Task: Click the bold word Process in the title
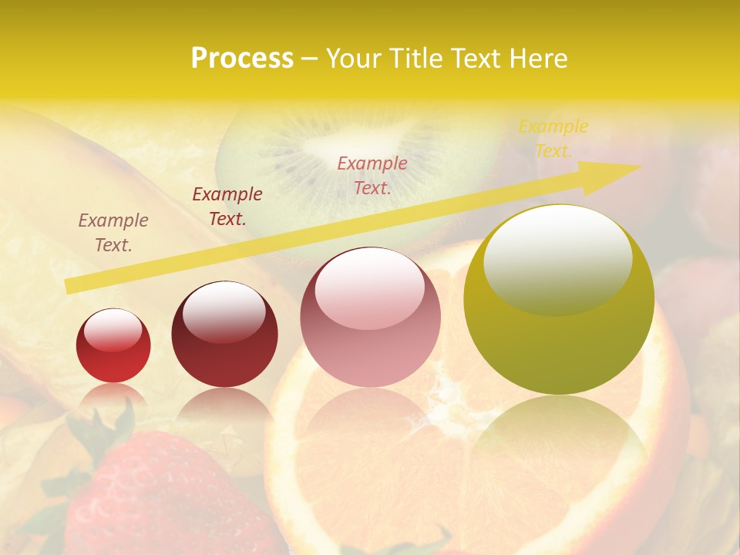242,58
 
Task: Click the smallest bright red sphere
113,346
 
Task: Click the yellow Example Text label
553,139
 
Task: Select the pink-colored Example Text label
372,175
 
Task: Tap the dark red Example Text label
227,207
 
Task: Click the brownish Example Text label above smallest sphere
113,233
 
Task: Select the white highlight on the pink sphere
369,286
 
